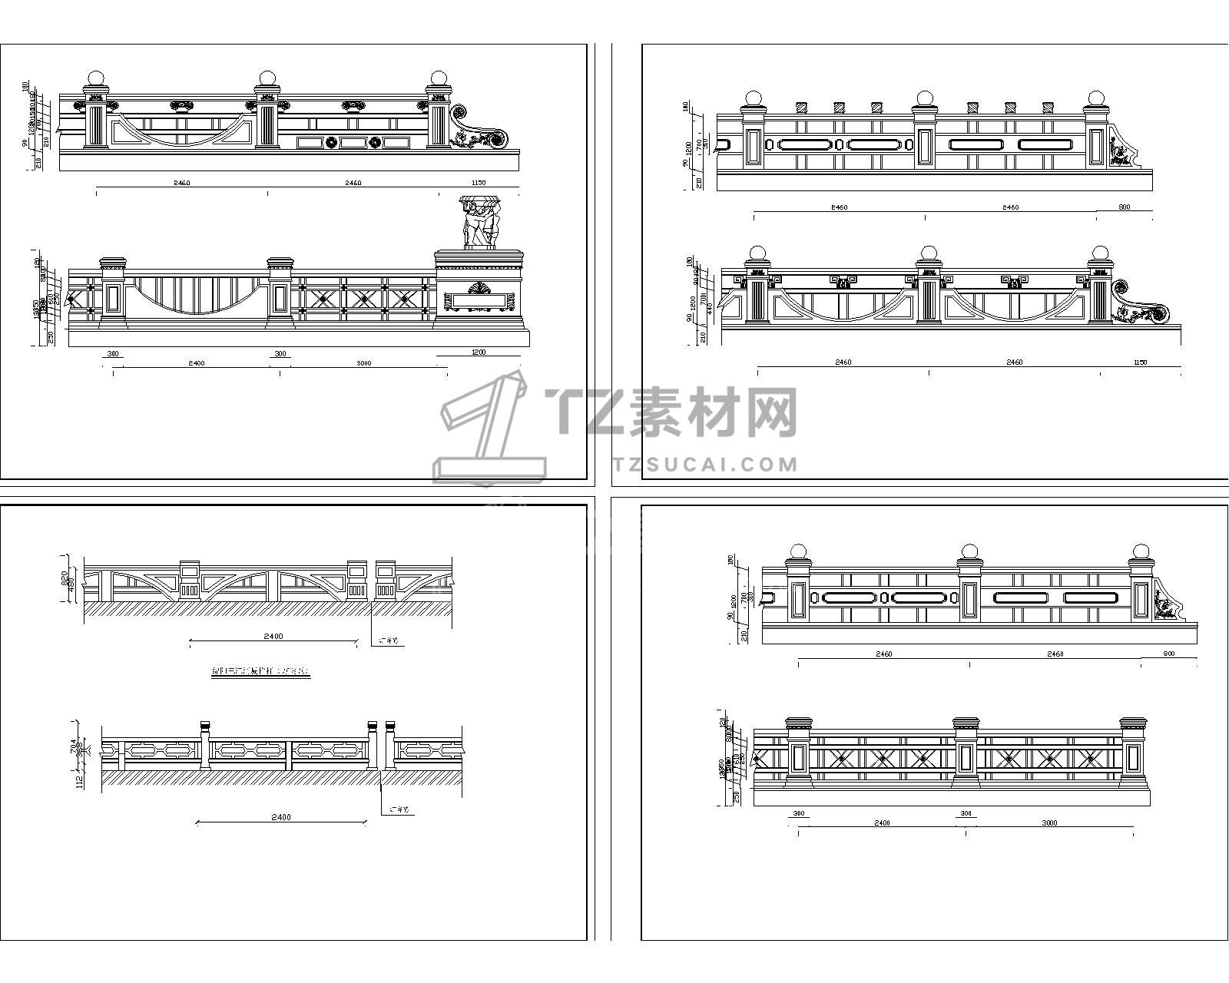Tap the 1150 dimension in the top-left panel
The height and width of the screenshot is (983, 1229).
[x=479, y=183]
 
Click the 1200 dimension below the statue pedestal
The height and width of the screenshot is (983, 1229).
[x=478, y=352]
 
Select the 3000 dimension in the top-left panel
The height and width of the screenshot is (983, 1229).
[x=364, y=363]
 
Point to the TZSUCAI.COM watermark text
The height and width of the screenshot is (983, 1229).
[x=705, y=464]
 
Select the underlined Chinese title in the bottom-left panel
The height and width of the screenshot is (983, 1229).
[x=261, y=672]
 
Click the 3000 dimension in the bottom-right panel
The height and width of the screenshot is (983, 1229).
[x=1048, y=822]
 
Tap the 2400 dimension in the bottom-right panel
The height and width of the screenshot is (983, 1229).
[x=882, y=822]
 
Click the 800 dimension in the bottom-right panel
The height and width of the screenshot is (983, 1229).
[x=1169, y=654]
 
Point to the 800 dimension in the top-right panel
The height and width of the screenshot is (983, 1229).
[x=1125, y=207]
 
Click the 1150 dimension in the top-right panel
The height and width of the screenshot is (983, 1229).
[x=1141, y=362]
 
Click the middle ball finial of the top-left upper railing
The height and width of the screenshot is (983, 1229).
[x=267, y=78]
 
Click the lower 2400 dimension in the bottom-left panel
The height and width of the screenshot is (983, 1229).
[x=281, y=817]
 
